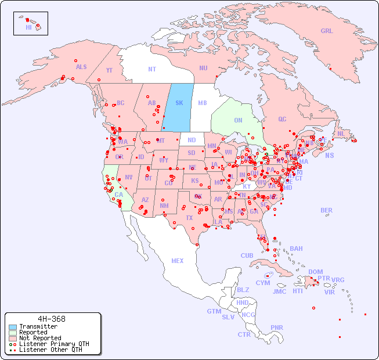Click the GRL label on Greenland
point(327,31)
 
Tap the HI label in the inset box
point(28,27)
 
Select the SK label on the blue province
point(179,103)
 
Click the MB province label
point(203,103)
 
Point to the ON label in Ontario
point(238,121)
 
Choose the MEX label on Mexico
point(178,261)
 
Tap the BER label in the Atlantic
point(327,210)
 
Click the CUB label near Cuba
point(247,255)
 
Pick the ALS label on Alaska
point(81,67)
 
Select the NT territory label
point(152,69)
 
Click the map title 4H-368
point(51,319)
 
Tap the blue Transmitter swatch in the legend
point(13,327)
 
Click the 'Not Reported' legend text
point(40,338)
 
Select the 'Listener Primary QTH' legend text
point(54,344)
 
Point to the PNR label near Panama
point(277,327)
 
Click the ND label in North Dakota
point(192,140)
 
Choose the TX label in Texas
point(189,218)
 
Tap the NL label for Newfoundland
point(341,134)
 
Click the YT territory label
point(109,70)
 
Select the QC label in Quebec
point(282,119)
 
